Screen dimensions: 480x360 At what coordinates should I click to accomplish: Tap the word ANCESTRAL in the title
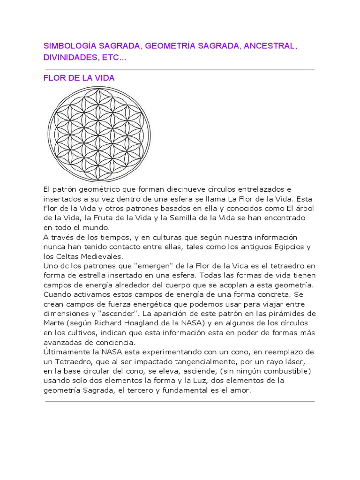click(x=270, y=46)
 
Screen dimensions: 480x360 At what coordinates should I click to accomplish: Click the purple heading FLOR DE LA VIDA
click(x=79, y=78)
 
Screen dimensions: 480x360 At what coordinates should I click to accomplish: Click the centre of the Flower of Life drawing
click(x=99, y=135)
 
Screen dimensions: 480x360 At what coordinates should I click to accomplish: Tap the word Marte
click(x=54, y=323)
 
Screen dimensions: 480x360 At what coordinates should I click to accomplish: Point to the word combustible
click(x=287, y=371)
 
